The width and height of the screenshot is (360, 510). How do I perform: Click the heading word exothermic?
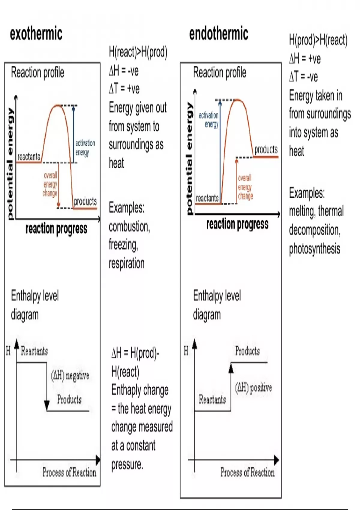pos(36,34)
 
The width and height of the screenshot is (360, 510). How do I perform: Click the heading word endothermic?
pos(218,34)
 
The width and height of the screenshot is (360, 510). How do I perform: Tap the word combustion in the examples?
pos(129,227)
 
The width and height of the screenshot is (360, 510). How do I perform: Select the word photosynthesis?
pos(314,249)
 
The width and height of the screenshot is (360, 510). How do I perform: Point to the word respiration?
pos(127,263)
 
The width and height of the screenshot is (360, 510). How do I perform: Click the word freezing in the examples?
pos(123,245)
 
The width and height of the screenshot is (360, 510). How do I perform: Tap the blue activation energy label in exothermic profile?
pos(85,147)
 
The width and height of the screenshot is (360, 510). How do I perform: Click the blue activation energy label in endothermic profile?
pos(209,119)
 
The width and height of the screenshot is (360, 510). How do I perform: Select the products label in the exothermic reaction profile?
pos(85,201)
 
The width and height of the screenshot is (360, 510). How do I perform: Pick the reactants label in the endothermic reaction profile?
pos(207,198)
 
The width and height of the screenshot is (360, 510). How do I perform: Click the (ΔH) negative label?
pos(70,375)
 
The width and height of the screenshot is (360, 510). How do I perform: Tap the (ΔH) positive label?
pos(253,388)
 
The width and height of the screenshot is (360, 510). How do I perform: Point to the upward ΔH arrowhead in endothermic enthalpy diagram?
pos(231,367)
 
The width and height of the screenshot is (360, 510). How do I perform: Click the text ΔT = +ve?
pos(124,89)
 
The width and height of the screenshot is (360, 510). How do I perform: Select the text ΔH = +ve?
pos(305,59)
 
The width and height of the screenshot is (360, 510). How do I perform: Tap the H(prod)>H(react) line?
pos(318,40)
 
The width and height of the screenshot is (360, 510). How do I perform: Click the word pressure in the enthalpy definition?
pos(127,464)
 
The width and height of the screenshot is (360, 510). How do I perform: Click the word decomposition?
pos(314,230)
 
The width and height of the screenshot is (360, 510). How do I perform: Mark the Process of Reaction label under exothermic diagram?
pos(69,472)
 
